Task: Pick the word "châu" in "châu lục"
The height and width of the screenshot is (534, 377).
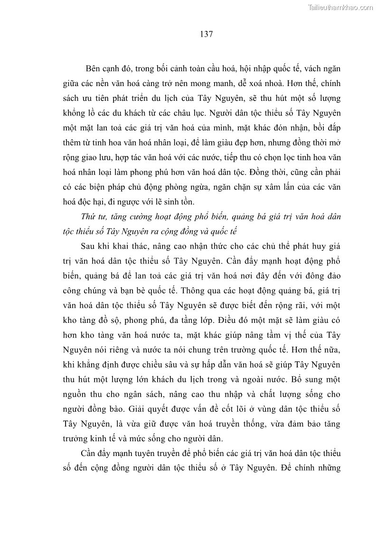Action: point(205,116)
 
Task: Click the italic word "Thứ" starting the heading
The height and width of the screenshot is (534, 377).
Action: point(88,217)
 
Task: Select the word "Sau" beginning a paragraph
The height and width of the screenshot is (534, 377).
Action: point(89,247)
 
